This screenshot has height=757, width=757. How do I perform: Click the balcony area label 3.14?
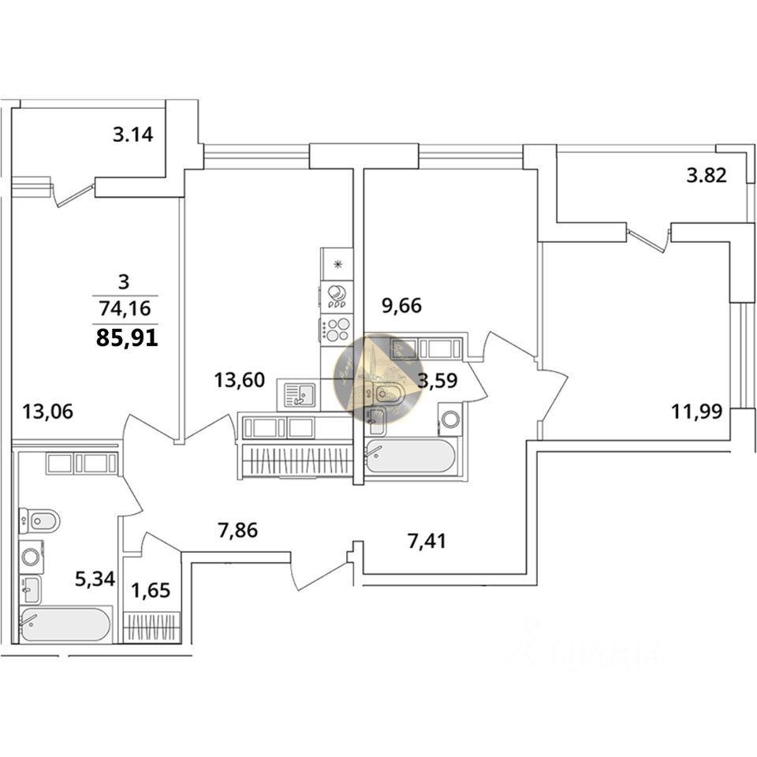pyautogui.click(x=132, y=134)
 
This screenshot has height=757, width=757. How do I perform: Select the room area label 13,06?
pyautogui.click(x=48, y=411)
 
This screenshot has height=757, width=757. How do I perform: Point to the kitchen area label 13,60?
pyautogui.click(x=240, y=380)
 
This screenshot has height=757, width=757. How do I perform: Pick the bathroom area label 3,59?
pyautogui.click(x=438, y=382)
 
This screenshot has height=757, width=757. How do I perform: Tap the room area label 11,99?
pyautogui.click(x=697, y=411)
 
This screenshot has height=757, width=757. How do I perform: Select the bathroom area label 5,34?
pyautogui.click(x=95, y=580)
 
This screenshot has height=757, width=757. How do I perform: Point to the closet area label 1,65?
pyautogui.click(x=150, y=590)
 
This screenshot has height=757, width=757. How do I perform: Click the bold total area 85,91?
pyautogui.click(x=126, y=339)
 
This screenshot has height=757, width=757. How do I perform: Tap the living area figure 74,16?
pyautogui.click(x=125, y=308)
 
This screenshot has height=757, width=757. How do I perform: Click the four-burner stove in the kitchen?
pyautogui.click(x=337, y=329)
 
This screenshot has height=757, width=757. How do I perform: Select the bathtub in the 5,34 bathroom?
pyautogui.click(x=66, y=625)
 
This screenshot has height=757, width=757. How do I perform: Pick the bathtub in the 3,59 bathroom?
pyautogui.click(x=411, y=457)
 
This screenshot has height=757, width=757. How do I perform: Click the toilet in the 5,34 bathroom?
pyautogui.click(x=40, y=520)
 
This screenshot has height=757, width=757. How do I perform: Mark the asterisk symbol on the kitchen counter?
pyautogui.click(x=337, y=264)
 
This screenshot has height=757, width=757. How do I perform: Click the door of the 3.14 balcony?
pyautogui.click(x=73, y=194)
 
